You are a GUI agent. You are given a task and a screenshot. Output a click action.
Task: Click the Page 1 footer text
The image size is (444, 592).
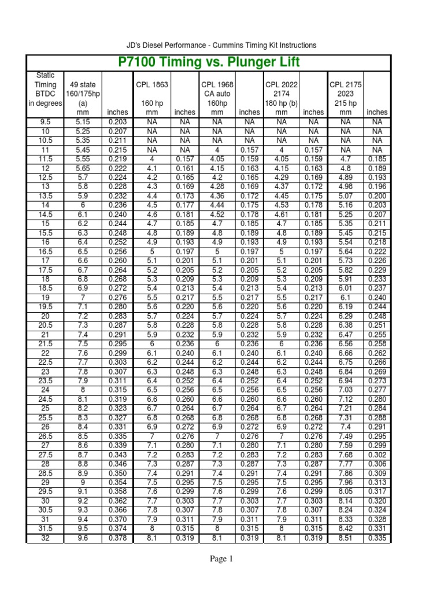point(221,559)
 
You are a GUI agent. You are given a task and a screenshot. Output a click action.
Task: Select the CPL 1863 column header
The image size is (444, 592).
point(152,84)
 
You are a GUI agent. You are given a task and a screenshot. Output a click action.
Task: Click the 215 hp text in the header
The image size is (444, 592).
point(345,103)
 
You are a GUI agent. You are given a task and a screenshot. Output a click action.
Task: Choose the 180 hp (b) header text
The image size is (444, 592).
point(281,103)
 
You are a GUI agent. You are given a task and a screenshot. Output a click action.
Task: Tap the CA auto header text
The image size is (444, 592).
point(217,94)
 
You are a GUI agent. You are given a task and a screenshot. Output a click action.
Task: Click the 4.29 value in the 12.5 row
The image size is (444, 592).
point(281,177)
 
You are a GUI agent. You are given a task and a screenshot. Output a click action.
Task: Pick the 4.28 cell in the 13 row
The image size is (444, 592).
point(217,187)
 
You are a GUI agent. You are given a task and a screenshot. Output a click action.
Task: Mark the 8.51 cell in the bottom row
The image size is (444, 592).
point(345,539)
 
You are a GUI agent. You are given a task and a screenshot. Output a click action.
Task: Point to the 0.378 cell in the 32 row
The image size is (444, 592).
point(118,539)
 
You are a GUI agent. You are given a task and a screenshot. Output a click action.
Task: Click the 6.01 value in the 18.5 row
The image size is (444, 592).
point(345,288)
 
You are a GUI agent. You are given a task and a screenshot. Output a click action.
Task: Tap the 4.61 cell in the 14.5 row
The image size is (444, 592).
point(281,214)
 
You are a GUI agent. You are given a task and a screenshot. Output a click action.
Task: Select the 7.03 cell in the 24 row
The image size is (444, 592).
point(345,390)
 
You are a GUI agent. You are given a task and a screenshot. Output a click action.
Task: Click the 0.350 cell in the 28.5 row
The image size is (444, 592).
point(118,473)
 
